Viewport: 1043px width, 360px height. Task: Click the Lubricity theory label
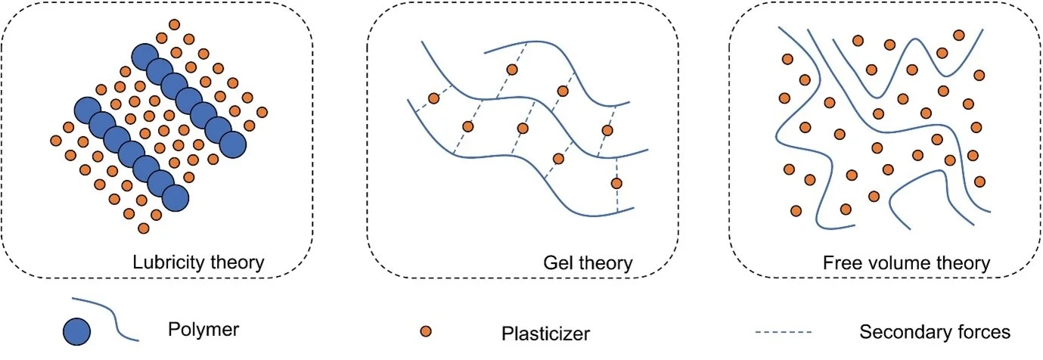[197, 263]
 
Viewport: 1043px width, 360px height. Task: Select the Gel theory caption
[588, 263]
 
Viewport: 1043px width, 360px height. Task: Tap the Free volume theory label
[906, 263]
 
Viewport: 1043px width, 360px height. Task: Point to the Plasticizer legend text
[545, 333]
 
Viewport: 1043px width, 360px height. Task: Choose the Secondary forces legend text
[935, 332]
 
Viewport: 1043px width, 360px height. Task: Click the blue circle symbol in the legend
[77, 331]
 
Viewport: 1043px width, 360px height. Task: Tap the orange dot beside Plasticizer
[426, 331]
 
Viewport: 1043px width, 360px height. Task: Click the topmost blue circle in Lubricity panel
[145, 57]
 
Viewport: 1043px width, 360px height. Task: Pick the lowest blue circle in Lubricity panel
[175, 197]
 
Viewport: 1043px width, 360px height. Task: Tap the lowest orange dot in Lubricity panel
[144, 228]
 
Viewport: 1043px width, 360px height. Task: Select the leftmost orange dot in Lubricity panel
[55, 141]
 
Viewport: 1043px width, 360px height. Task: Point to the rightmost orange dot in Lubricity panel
[262, 113]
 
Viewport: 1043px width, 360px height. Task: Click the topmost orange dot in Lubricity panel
[175, 25]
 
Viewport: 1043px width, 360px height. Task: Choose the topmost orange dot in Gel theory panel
[512, 70]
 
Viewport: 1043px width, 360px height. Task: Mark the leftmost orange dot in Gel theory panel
[433, 98]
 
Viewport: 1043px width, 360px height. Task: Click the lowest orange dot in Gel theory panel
[616, 183]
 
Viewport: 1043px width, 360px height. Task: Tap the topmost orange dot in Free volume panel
[959, 35]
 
